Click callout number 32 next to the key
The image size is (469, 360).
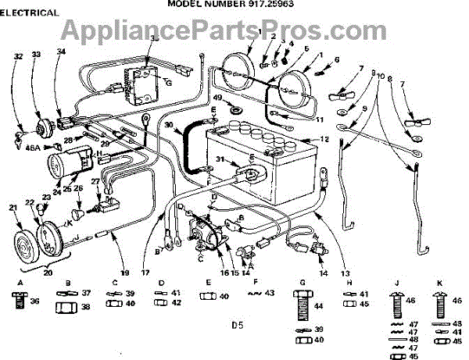click(17, 56)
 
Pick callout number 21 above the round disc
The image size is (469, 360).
click(12, 207)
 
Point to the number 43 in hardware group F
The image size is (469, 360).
click(270, 292)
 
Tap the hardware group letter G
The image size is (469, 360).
click(302, 282)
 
